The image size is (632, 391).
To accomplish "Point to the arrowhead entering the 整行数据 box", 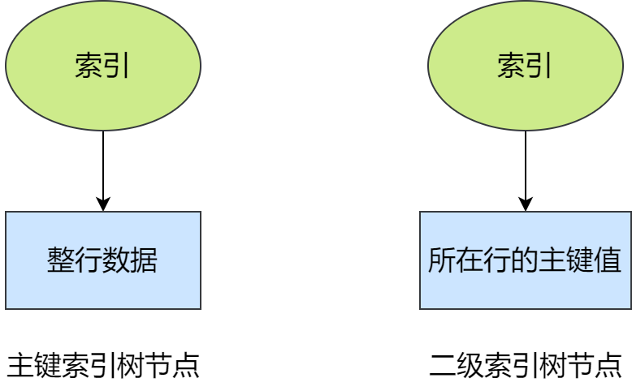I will click(103, 205).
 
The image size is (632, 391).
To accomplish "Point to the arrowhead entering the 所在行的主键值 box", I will click(526, 205).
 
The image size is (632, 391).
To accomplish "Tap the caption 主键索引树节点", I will click(103, 366).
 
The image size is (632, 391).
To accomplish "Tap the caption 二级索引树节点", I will click(526, 366).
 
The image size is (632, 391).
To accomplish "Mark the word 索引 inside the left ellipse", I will click(103, 67).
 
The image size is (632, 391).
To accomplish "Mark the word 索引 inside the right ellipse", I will click(526, 67).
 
